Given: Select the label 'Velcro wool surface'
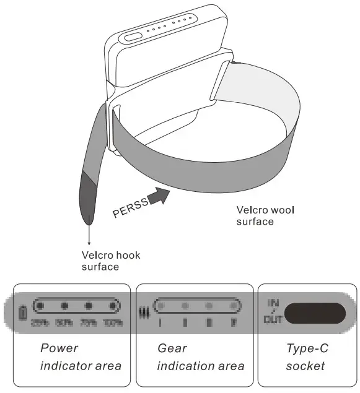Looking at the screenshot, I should point(265,215).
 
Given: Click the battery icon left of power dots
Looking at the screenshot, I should point(24,313).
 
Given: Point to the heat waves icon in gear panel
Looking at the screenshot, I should point(146,313).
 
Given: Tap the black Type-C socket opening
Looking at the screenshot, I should point(316,313).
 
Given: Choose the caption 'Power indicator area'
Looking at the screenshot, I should point(81,357).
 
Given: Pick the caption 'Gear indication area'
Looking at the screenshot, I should point(200,357).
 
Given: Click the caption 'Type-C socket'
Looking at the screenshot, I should point(307,357).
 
